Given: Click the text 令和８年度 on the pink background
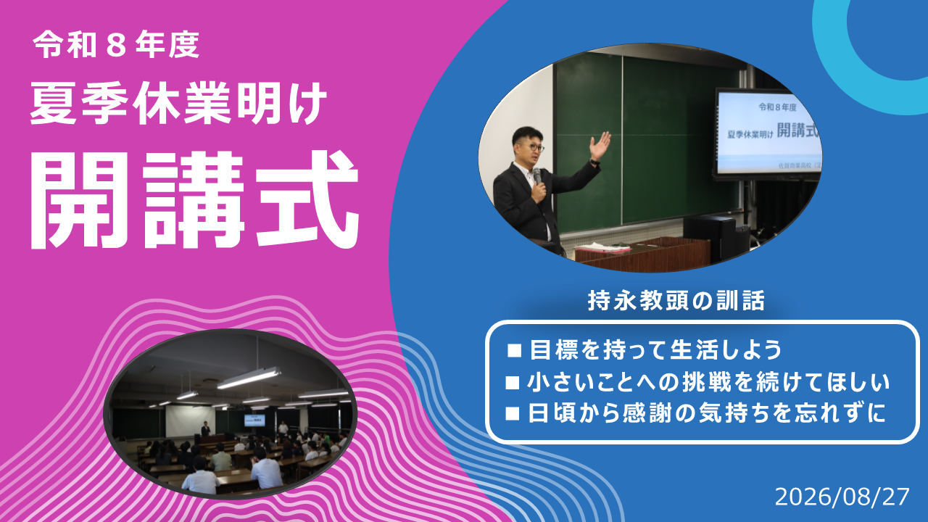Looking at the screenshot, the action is pyautogui.click(x=117, y=45).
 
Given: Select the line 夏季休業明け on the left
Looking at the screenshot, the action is pyautogui.click(x=179, y=104).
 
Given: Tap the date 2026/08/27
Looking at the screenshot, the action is pyautogui.click(x=842, y=497).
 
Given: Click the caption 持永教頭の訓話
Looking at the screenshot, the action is pyautogui.click(x=676, y=300).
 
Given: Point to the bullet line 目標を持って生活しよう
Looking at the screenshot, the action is pyautogui.click(x=655, y=349).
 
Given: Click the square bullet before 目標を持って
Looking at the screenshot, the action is pyautogui.click(x=514, y=350).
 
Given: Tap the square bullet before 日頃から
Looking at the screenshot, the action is pyautogui.click(x=513, y=414).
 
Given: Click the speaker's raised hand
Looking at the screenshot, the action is pyautogui.click(x=600, y=146).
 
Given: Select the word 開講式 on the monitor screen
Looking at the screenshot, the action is pyautogui.click(x=797, y=130).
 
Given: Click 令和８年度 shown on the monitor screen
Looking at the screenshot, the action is pyautogui.click(x=778, y=107).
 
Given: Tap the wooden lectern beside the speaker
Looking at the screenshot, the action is pyautogui.click(x=642, y=253).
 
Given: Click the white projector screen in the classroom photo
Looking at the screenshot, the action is pyautogui.click(x=190, y=420).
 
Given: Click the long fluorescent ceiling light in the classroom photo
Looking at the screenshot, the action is pyautogui.click(x=249, y=378).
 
